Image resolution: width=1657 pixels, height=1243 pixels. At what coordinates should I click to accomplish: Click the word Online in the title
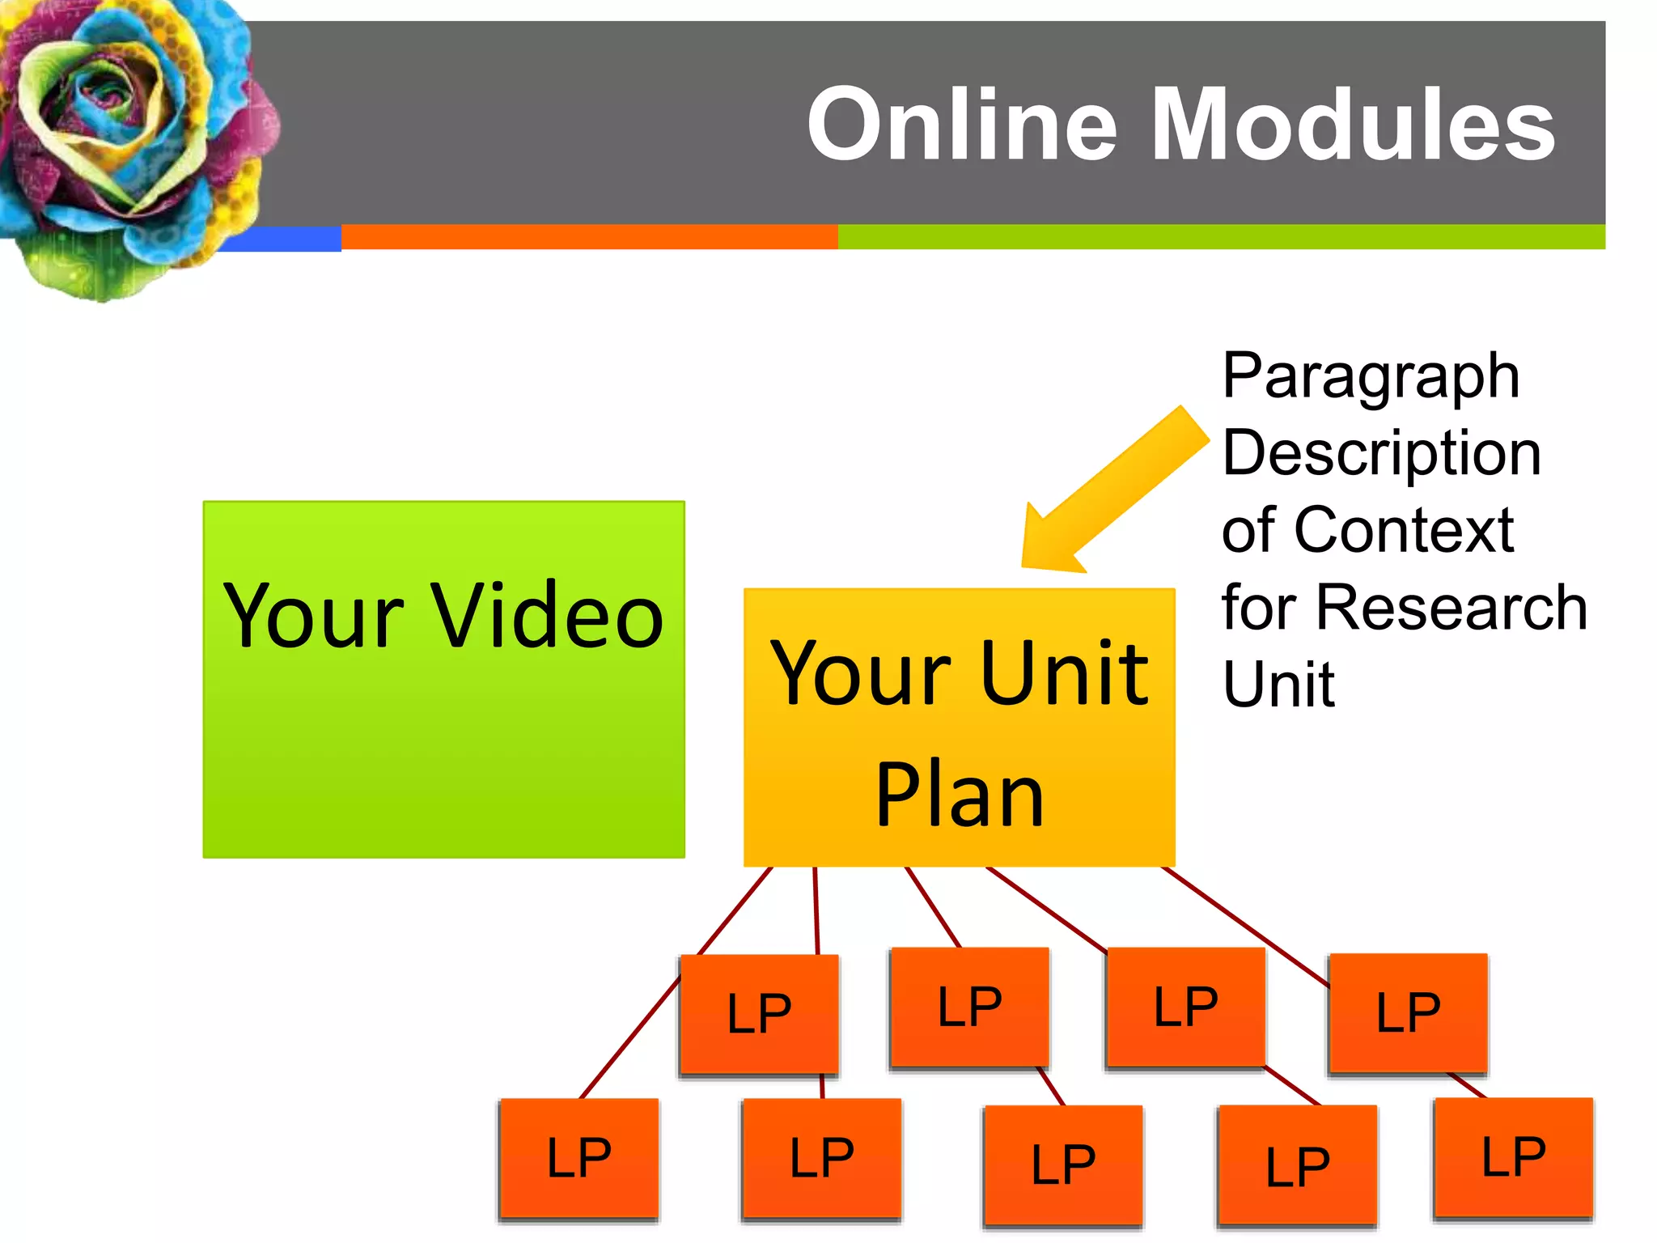coord(963,125)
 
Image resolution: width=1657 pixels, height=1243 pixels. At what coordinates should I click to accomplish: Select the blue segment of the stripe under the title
coord(283,239)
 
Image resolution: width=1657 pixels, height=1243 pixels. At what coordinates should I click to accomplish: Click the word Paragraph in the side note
coord(1371,376)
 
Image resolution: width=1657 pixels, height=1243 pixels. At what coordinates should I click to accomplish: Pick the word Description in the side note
coord(1381,453)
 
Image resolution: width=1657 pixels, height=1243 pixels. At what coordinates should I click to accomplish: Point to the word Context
coord(1404,530)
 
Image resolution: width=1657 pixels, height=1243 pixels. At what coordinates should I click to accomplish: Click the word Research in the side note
coord(1451,607)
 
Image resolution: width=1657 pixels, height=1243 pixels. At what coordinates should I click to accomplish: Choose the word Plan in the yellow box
coord(960,797)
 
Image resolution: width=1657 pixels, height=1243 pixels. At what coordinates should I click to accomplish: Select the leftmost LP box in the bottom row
coord(578,1158)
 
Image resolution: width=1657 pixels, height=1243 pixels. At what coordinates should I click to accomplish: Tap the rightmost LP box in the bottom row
coord(1513,1157)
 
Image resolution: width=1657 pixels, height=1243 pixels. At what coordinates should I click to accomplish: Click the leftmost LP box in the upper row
coord(759,1014)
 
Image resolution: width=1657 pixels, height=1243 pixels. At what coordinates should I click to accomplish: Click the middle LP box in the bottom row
coord(1063,1165)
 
